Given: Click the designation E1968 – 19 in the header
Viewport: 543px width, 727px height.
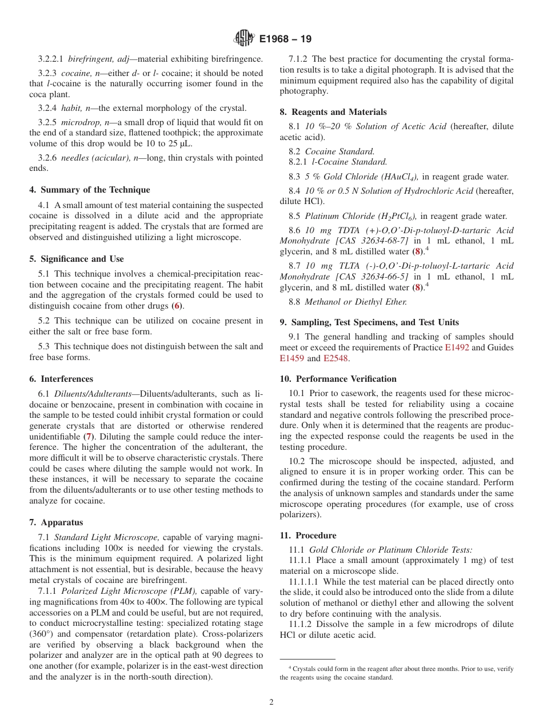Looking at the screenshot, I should (x=285, y=39).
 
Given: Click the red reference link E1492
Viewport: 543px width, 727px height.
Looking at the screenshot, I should (x=457, y=347).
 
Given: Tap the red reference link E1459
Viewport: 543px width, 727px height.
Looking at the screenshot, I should (x=292, y=358).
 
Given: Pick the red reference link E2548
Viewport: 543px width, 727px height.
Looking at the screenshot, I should (x=336, y=358).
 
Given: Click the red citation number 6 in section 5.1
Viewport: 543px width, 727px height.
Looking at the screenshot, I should (x=177, y=306).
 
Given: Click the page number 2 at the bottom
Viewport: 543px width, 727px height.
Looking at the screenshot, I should (x=271, y=702).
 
